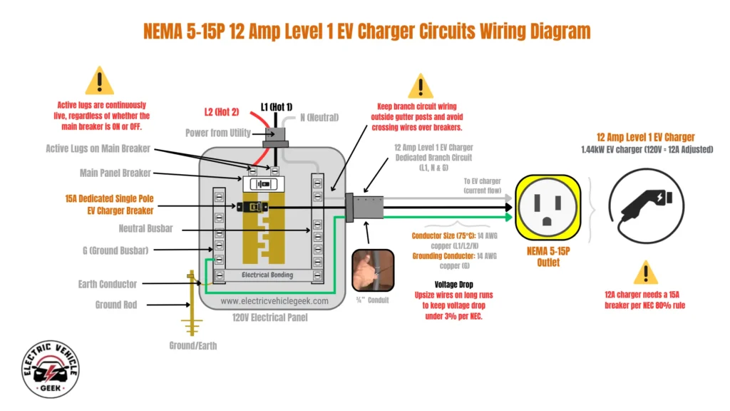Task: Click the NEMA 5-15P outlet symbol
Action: point(548,207)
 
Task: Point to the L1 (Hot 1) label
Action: point(277,106)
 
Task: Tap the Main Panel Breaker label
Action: point(114,173)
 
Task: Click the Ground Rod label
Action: point(118,305)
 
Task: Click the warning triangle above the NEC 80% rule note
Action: point(645,273)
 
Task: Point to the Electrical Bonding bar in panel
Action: point(267,275)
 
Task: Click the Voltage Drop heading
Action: point(455,283)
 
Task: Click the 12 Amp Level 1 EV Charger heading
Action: point(646,137)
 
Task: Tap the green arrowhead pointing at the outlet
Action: point(508,215)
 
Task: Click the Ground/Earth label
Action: point(193,345)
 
